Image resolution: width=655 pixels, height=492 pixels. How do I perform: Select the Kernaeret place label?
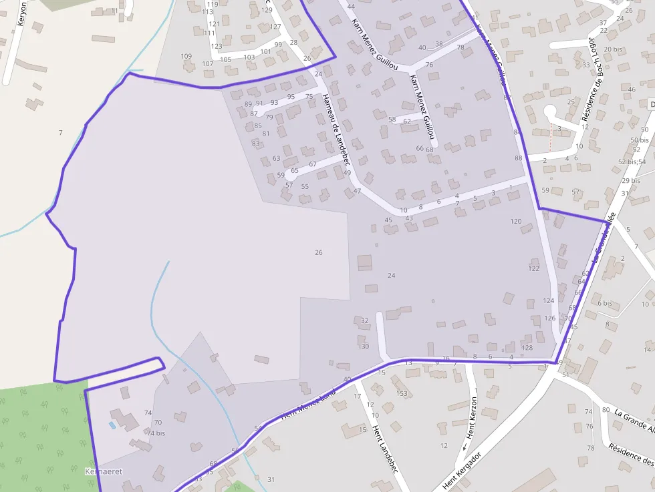[104, 471]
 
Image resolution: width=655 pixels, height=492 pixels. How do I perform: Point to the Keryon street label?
[22, 14]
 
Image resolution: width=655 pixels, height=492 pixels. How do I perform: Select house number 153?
[402, 393]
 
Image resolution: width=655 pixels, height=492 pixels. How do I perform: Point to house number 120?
[515, 221]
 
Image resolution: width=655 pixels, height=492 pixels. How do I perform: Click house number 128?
[527, 348]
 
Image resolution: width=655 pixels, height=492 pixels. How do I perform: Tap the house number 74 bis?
[156, 433]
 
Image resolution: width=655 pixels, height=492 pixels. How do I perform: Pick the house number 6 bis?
[605, 303]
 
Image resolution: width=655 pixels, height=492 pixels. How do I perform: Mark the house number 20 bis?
[612, 49]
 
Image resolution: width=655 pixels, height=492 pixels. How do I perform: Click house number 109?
[186, 57]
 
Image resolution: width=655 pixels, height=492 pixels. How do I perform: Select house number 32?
[365, 321]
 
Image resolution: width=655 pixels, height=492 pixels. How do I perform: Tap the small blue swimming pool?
[112, 424]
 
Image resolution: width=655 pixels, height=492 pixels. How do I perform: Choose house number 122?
[533, 268]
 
